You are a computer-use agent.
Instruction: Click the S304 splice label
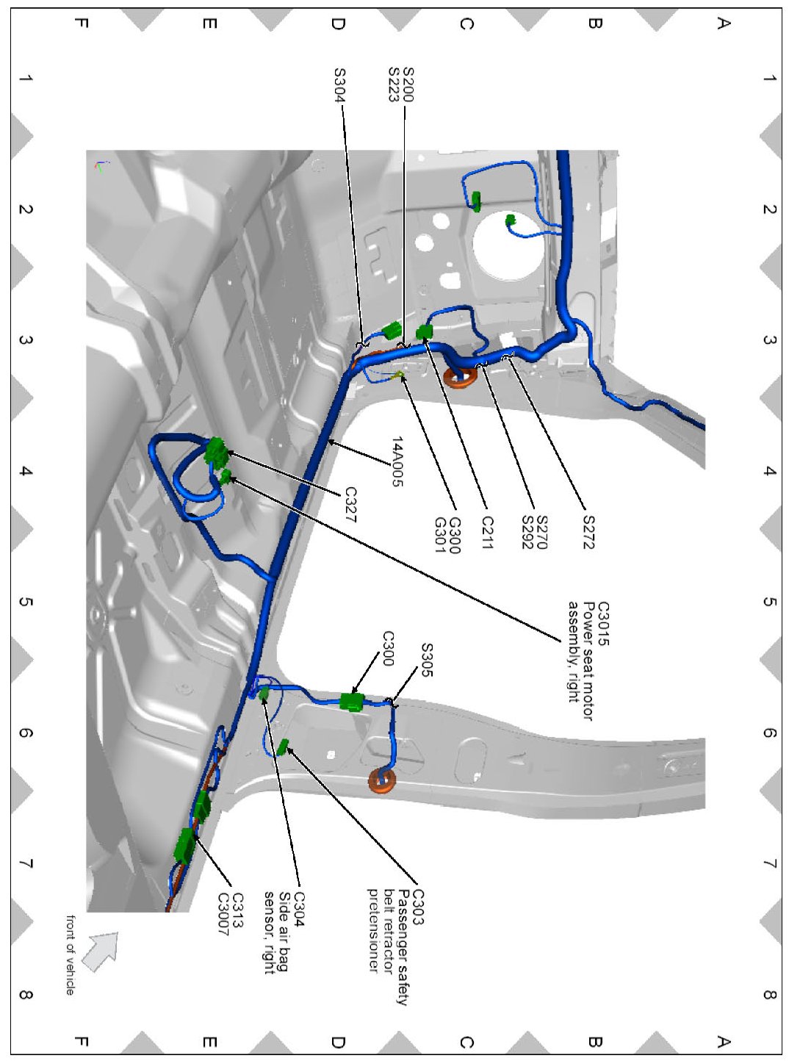click(x=339, y=84)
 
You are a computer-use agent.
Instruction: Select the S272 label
click(x=588, y=532)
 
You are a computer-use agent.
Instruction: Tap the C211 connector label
click(x=487, y=533)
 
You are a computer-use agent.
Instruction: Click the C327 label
click(x=350, y=505)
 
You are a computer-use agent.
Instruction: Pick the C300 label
click(x=388, y=648)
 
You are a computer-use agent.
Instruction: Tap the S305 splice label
click(x=427, y=660)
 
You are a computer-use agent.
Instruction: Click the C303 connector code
click(x=417, y=907)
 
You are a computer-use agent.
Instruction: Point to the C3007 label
click(x=223, y=914)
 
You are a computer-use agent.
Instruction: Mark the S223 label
click(x=394, y=84)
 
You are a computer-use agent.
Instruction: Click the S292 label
click(x=527, y=533)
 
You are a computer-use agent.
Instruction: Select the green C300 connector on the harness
click(x=352, y=702)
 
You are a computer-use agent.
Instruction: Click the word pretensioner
click(x=372, y=931)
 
